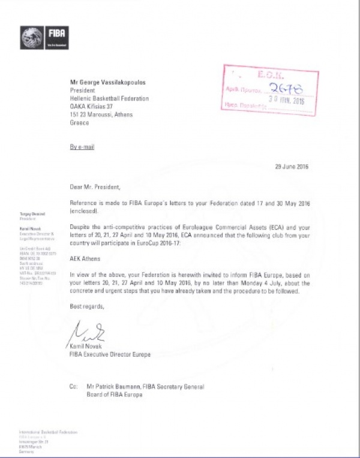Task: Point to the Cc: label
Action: (74, 387)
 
